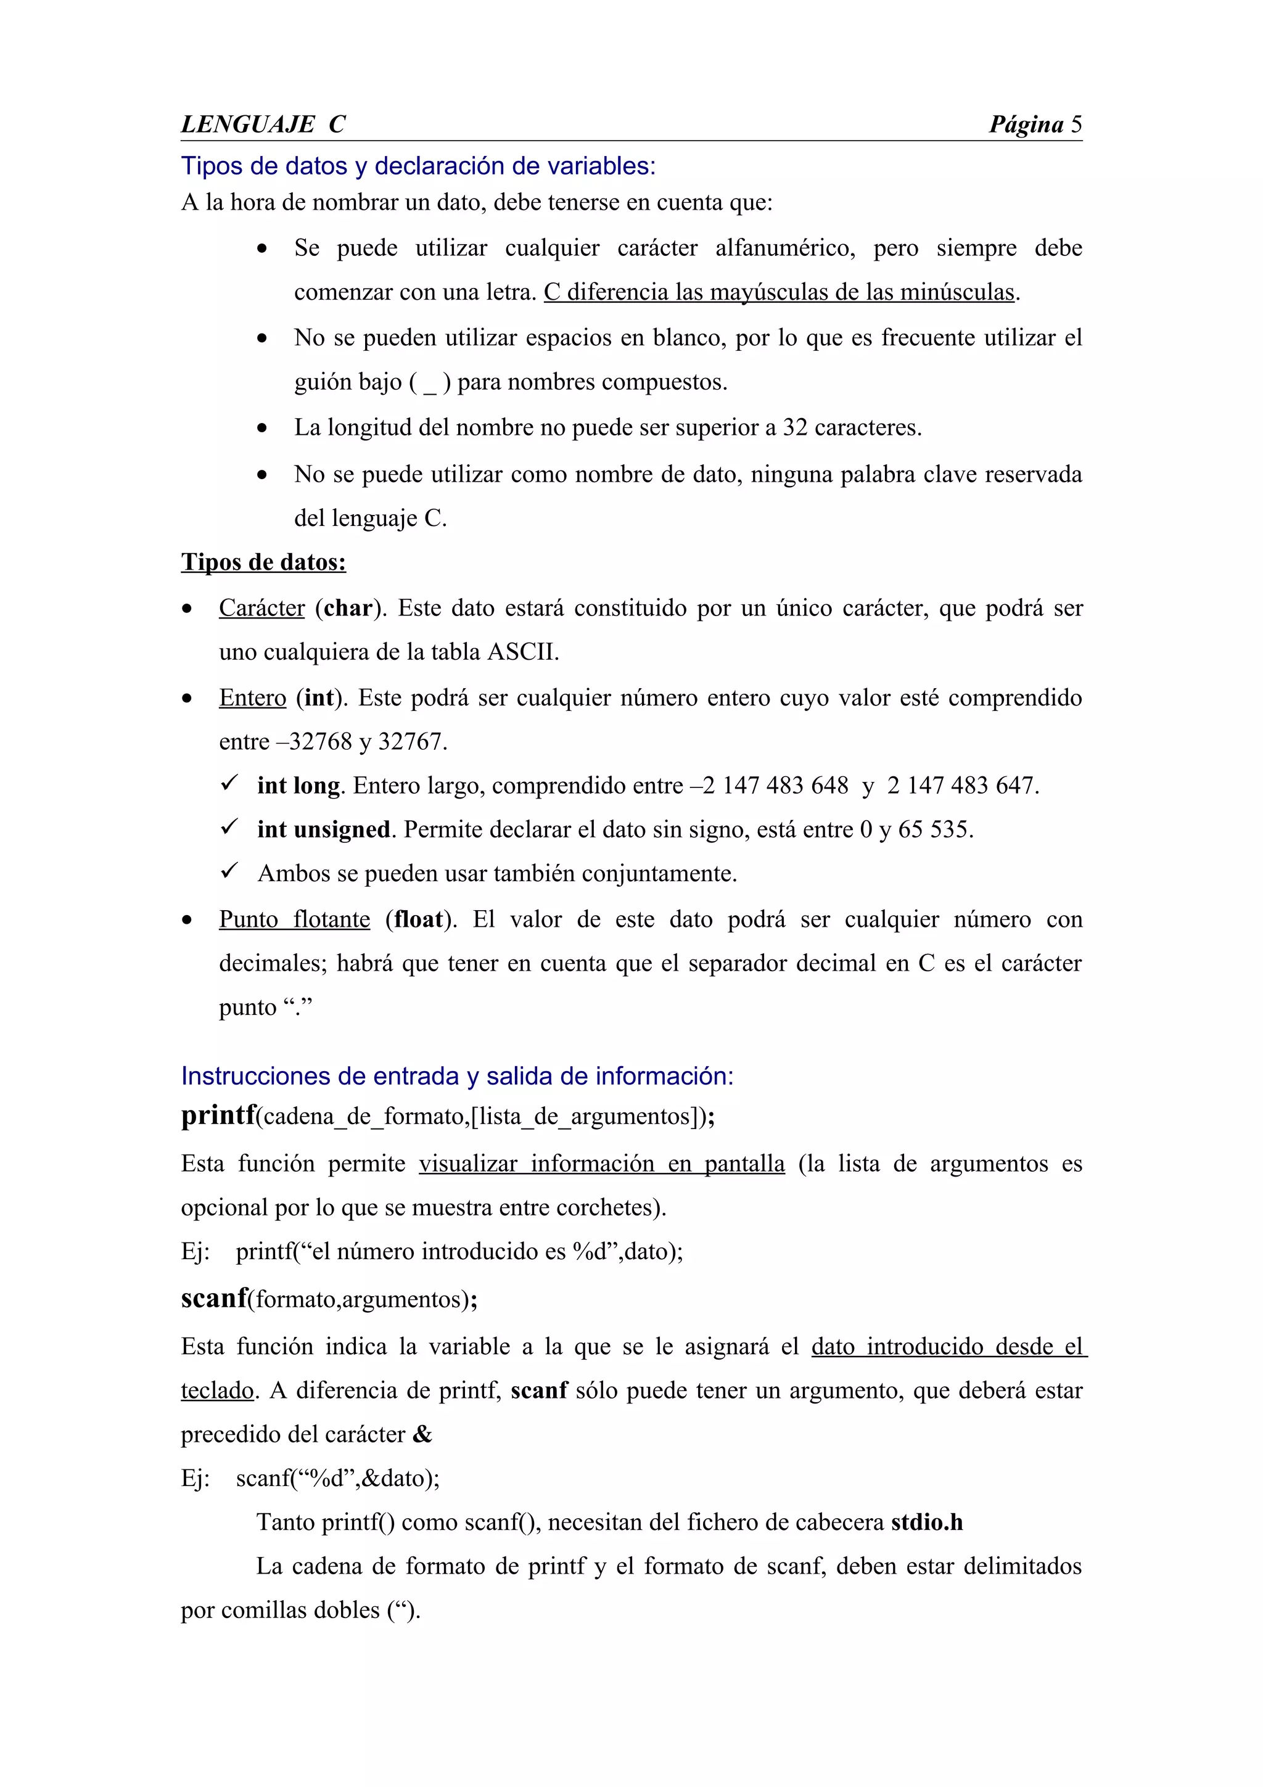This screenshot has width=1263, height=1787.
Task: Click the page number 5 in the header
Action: pos(1076,125)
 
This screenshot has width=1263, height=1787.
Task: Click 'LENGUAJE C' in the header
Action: pos(263,125)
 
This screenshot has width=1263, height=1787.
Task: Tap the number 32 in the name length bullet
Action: pos(794,428)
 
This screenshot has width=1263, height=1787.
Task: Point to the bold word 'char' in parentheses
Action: pos(348,608)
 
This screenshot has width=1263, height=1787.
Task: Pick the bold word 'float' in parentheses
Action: pos(419,920)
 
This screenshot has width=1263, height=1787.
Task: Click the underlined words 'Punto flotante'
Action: pos(294,920)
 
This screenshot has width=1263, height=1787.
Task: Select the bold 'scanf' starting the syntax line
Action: pos(214,1298)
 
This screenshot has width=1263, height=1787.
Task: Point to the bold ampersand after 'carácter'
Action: pos(422,1434)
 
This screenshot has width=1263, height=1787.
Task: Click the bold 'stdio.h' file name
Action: pos(926,1522)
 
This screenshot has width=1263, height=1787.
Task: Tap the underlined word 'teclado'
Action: pos(217,1391)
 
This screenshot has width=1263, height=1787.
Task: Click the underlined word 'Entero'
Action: pos(252,698)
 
